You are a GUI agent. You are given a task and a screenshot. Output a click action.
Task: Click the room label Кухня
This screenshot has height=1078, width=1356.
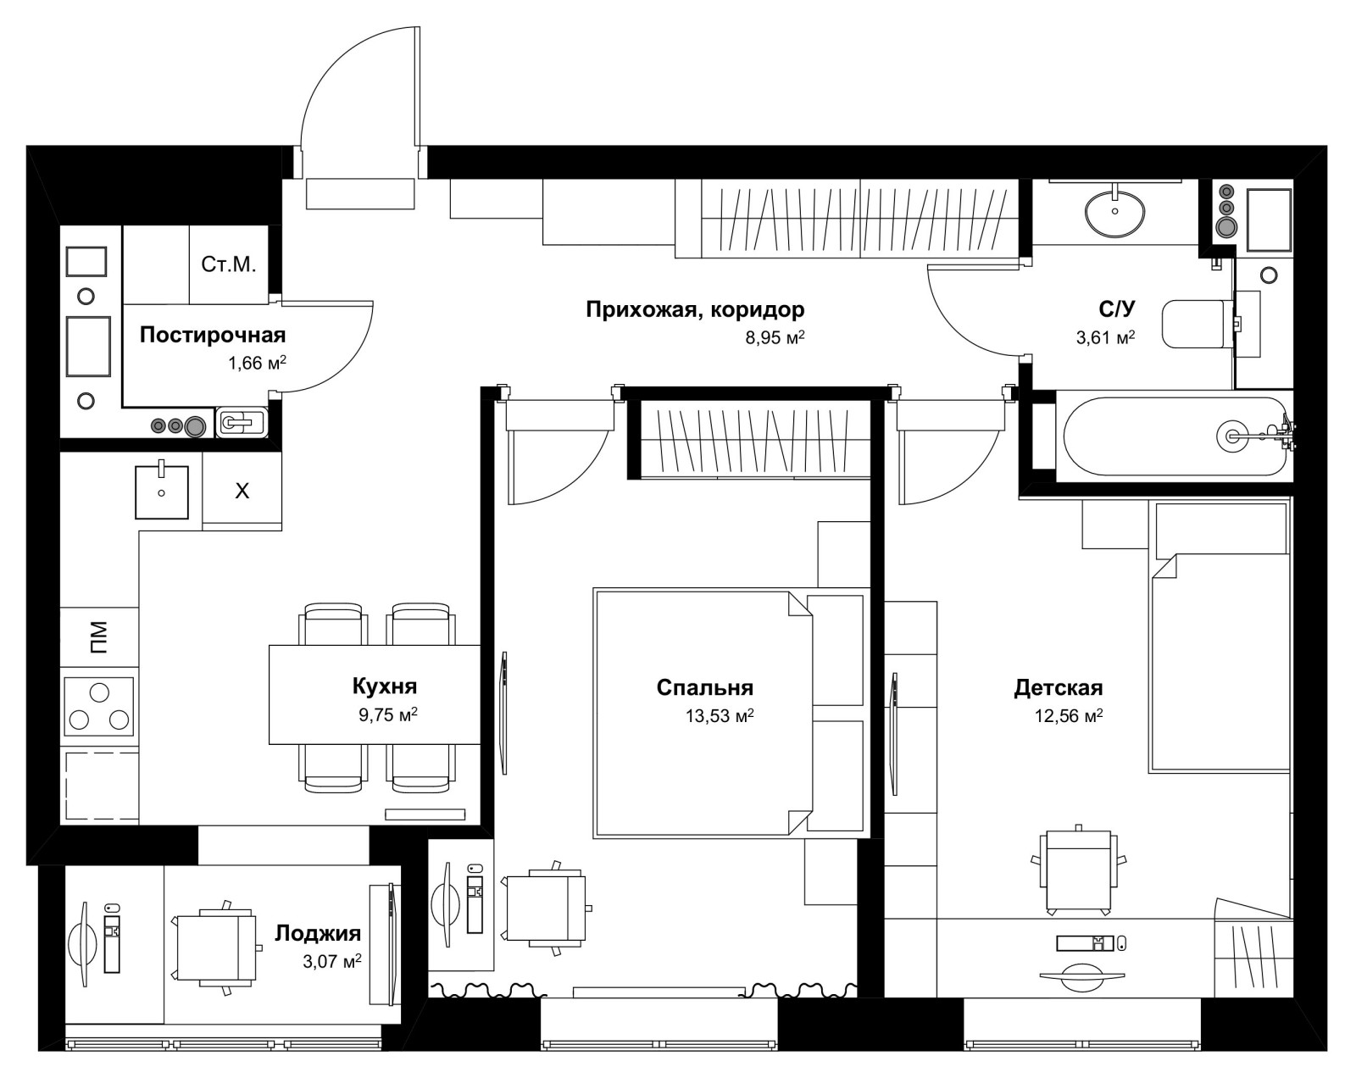[x=385, y=686]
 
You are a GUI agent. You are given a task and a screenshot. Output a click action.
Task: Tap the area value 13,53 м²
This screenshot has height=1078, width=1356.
[x=720, y=716]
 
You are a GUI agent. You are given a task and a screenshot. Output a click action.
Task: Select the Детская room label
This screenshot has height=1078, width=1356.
[x=1058, y=687]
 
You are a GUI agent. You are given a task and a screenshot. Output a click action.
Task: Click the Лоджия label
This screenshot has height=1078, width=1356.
[x=318, y=933]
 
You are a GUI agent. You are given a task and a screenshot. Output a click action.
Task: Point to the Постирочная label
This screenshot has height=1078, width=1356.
[x=213, y=335]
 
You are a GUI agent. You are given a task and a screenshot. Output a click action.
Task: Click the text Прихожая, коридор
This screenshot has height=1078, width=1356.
[x=695, y=309]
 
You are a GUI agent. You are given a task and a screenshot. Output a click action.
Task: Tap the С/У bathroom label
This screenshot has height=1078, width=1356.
[x=1116, y=308]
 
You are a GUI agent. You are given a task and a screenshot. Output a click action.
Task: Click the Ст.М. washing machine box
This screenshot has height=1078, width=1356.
[x=229, y=264]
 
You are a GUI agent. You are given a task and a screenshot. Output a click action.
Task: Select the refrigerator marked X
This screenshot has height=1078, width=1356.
[x=242, y=491]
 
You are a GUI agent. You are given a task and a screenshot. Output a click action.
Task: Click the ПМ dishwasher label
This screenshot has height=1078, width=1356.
[x=99, y=637]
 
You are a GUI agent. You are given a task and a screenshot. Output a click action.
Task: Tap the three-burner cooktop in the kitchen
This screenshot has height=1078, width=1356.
[x=99, y=706]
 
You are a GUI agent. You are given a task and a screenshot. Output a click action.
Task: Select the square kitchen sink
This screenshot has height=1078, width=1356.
[x=162, y=492]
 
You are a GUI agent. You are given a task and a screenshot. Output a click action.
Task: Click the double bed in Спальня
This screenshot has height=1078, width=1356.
[x=703, y=714]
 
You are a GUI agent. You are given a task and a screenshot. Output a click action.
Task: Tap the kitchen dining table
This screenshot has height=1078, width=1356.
[x=375, y=694]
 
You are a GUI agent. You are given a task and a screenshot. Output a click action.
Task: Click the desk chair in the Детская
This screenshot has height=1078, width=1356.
[x=1079, y=870]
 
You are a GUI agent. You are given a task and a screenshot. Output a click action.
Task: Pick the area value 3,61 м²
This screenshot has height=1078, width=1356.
[x=1105, y=337]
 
